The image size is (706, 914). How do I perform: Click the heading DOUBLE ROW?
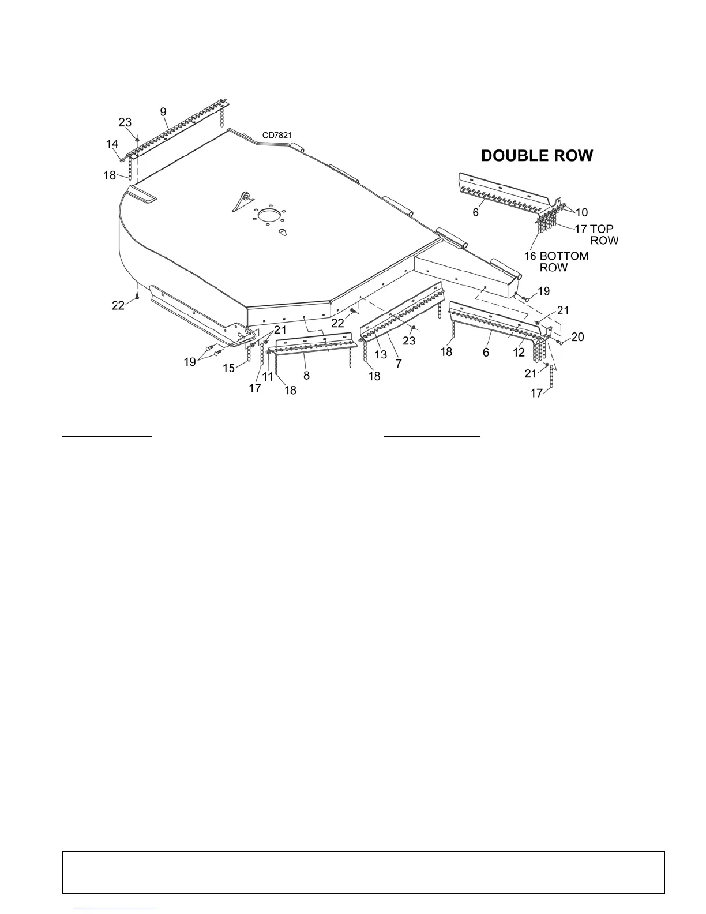(x=537, y=156)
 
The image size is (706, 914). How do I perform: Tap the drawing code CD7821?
(x=277, y=136)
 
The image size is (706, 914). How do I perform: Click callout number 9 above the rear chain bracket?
(x=163, y=111)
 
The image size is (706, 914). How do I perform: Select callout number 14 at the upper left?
(x=112, y=144)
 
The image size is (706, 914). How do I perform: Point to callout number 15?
(x=230, y=368)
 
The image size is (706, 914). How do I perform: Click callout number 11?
(x=268, y=376)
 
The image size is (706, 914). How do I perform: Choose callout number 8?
(x=306, y=376)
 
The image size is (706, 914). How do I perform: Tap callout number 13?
(x=381, y=354)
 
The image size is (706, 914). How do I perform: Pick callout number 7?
(x=398, y=364)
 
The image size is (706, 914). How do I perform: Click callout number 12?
(x=519, y=353)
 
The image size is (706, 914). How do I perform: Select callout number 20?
(x=577, y=337)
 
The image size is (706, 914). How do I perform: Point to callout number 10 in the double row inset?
(x=581, y=212)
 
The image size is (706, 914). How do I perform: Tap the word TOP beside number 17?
(x=602, y=229)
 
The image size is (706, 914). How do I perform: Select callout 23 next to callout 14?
(x=125, y=122)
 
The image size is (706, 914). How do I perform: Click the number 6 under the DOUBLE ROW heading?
(x=476, y=212)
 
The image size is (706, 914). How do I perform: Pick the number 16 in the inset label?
(x=530, y=256)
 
